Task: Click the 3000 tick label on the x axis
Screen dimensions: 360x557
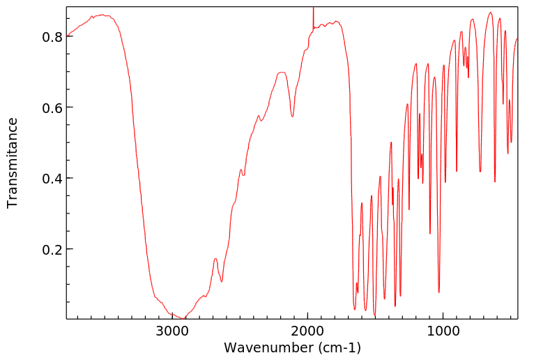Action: [x=172, y=332]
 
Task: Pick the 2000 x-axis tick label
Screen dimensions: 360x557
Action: [x=307, y=332]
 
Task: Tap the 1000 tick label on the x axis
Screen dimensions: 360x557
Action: [x=443, y=332]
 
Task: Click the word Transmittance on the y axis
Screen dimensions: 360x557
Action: [x=13, y=163]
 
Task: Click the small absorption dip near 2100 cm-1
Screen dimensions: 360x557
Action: [x=293, y=116]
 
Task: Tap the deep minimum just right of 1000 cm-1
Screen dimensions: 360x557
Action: [x=438, y=292]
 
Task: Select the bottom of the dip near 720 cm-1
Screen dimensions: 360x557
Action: [x=480, y=171]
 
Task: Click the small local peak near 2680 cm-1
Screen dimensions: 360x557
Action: [x=215, y=259]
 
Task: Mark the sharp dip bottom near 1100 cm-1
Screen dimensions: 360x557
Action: [x=430, y=233]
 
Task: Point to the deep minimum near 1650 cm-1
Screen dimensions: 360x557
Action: [x=354, y=309]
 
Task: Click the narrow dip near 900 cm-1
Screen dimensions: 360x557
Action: [x=457, y=171]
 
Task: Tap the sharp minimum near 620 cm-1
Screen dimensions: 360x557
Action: [x=495, y=181]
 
